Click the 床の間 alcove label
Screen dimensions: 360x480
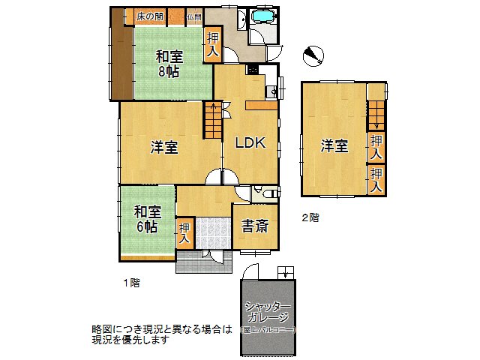point(151,16)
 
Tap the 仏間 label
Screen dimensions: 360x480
point(194,16)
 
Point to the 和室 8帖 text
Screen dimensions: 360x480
point(169,63)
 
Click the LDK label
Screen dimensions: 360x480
point(250,143)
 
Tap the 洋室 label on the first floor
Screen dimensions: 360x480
point(164,147)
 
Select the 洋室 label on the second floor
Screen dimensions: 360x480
point(334,145)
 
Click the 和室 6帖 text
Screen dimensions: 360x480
point(148,219)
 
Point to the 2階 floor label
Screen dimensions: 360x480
point(310,218)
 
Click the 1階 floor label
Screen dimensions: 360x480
point(131,283)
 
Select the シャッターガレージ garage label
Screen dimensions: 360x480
point(268,311)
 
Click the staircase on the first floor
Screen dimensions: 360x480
point(214,120)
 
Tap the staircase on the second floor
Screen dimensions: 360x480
point(375,115)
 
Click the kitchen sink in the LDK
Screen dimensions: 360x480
point(271,92)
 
